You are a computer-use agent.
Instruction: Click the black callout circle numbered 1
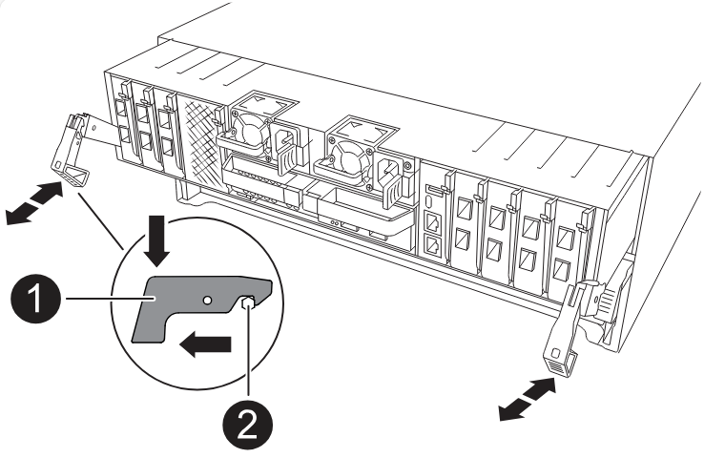coord(35,304)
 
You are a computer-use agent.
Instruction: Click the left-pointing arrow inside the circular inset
coord(206,342)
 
